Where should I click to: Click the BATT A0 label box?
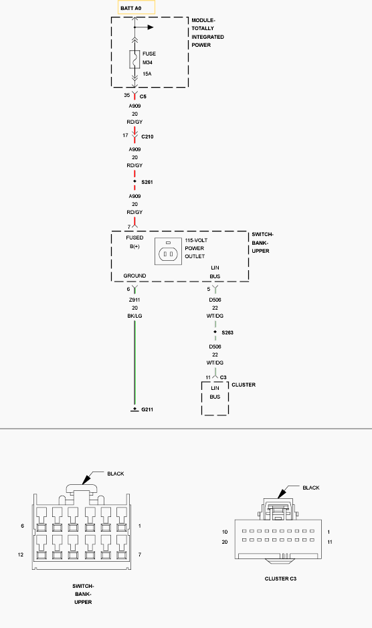point(136,7)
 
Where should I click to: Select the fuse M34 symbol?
point(134,60)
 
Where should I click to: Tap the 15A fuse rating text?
point(147,74)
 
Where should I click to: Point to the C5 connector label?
point(143,96)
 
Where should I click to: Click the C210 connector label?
point(147,136)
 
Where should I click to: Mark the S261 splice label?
point(147,182)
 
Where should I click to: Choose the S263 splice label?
point(227,332)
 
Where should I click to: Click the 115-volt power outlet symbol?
point(169,251)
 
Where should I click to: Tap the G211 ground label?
point(147,409)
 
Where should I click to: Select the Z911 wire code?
point(134,300)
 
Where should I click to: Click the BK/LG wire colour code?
point(134,316)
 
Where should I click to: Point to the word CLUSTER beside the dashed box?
point(244,385)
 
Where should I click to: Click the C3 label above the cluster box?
point(223,377)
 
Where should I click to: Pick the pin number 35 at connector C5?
point(126,95)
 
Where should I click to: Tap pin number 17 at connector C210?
point(126,135)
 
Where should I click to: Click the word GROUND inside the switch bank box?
point(134,276)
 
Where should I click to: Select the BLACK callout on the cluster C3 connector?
point(311,488)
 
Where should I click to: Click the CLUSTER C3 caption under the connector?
point(280,579)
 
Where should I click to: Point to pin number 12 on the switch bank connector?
point(21,554)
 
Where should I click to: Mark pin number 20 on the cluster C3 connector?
point(225,542)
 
